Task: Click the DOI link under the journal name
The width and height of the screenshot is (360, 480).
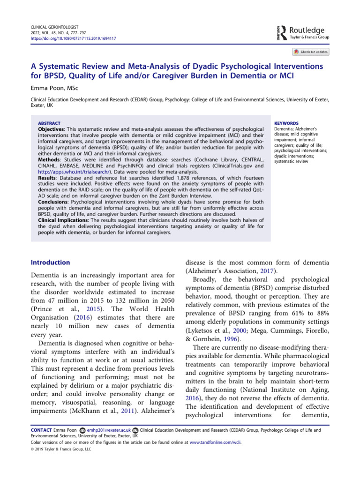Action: (x=73, y=38)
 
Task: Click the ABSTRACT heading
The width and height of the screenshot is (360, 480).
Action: (x=49, y=123)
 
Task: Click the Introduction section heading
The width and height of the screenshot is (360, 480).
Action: (x=50, y=262)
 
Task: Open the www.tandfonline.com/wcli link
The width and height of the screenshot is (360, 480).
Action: (x=215, y=442)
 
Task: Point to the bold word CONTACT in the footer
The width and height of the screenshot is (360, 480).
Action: (x=40, y=430)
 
